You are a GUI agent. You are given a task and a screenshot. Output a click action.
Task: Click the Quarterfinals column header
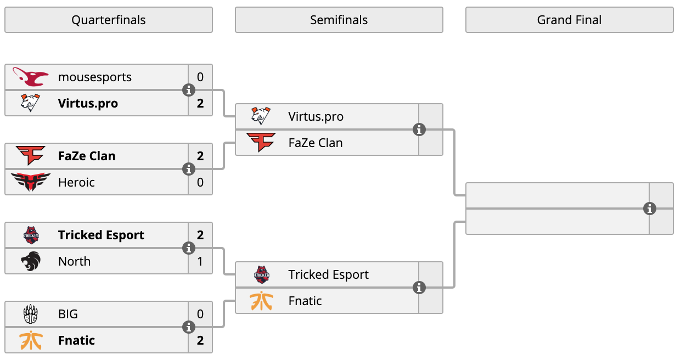(109, 20)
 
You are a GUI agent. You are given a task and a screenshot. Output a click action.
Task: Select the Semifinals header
(339, 20)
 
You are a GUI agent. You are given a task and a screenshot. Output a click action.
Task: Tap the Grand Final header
(569, 20)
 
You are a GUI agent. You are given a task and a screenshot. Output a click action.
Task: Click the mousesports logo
(30, 77)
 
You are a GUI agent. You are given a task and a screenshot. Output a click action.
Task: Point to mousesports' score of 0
(200, 77)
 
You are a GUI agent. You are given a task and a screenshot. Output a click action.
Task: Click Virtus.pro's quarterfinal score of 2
(200, 103)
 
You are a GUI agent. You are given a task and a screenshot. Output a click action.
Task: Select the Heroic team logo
(30, 182)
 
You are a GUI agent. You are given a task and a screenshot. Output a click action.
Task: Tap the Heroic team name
(76, 182)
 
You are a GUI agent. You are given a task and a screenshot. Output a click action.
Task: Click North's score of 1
(200, 261)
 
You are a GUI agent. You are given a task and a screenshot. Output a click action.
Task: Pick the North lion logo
(31, 261)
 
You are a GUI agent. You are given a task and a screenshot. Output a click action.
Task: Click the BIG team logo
(31, 314)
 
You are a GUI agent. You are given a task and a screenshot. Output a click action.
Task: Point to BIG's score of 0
(200, 314)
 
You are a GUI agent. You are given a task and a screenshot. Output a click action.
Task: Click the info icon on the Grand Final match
(649, 209)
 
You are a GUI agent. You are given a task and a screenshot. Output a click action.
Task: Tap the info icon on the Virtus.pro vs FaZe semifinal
(419, 130)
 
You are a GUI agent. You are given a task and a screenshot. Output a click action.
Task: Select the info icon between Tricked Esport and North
(189, 248)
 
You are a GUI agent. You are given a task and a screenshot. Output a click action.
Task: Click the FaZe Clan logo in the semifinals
(261, 142)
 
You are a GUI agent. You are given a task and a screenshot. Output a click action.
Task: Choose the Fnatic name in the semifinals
(305, 301)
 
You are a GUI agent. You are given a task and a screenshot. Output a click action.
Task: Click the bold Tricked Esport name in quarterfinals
(101, 235)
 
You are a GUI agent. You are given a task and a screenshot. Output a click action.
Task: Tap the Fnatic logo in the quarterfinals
(31, 340)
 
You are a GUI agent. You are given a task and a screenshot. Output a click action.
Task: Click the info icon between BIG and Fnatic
(189, 327)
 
